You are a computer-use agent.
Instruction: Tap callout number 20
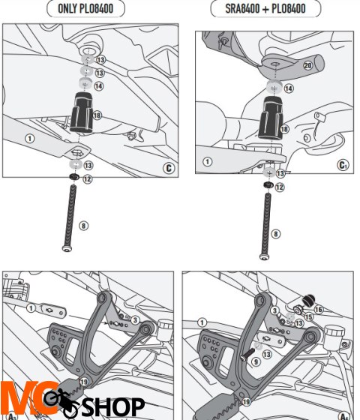[307, 65]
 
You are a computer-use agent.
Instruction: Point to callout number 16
[318, 309]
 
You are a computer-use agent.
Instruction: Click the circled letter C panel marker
[168, 168]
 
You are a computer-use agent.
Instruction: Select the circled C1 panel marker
[343, 166]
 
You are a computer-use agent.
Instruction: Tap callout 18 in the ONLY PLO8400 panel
[97, 115]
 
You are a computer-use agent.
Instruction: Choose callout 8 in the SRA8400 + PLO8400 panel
[275, 235]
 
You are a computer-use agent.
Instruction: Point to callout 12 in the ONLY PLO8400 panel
[88, 179]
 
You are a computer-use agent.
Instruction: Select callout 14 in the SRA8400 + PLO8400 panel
[289, 88]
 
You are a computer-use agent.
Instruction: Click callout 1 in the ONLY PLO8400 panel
[29, 138]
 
